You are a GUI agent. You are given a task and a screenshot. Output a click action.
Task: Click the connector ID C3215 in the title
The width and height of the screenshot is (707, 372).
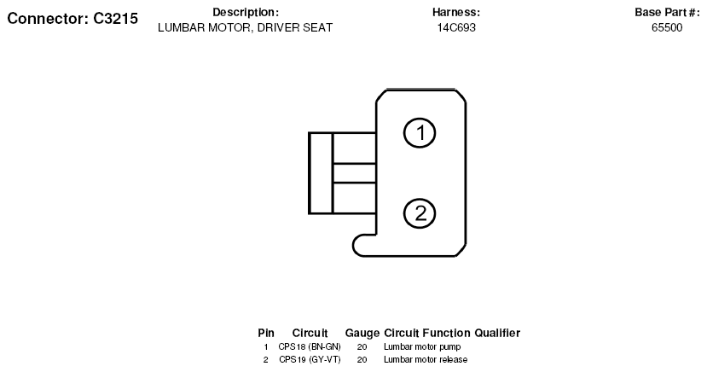115,19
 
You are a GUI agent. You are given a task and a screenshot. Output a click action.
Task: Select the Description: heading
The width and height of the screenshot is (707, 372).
246,12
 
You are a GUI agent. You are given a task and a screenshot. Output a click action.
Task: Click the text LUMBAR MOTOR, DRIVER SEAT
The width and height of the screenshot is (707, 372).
246,27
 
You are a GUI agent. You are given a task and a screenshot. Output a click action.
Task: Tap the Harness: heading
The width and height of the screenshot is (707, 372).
456,12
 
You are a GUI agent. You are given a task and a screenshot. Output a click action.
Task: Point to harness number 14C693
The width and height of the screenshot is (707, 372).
456,27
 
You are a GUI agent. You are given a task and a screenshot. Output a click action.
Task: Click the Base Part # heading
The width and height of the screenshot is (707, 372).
667,12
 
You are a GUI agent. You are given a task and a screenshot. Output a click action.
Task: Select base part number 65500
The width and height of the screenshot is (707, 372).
667,27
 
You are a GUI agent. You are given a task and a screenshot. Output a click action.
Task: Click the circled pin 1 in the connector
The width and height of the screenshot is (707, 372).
420,133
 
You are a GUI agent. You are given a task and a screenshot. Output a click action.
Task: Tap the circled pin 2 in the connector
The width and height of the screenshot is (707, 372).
420,213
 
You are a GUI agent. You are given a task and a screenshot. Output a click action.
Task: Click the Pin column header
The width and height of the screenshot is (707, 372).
266,334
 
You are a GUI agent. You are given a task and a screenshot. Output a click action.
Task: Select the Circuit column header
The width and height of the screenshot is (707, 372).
310,334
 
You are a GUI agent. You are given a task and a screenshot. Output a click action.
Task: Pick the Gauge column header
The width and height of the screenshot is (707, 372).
362,334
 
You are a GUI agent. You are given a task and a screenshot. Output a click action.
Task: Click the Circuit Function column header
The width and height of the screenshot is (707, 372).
427,334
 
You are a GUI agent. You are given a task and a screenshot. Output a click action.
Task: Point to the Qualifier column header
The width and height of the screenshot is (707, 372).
497,334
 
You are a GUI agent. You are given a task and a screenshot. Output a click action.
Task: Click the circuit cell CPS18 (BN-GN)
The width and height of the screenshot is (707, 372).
310,346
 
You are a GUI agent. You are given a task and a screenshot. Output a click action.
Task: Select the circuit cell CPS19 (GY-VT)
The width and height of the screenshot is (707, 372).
310,359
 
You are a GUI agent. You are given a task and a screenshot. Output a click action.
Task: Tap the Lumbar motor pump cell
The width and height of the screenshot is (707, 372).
422,346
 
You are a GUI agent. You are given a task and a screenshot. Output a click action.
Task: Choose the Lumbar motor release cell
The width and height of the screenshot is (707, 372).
426,359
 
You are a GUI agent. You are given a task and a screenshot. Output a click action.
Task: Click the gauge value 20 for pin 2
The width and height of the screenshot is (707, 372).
362,359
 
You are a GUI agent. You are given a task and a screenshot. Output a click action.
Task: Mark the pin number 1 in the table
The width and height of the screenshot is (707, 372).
266,346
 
